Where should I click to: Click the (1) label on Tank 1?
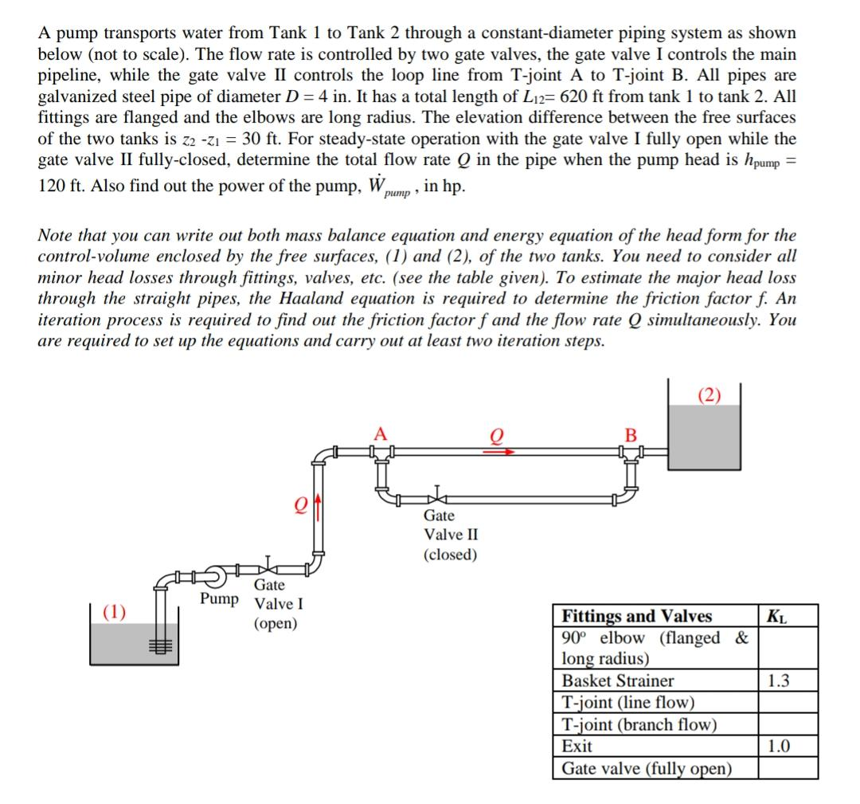coord(115,612)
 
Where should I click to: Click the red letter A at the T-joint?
coord(381,434)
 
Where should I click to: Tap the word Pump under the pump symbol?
coord(219,598)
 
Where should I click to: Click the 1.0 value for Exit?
coord(779,747)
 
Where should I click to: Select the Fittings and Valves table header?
coord(637,616)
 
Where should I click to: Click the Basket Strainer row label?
coord(618,680)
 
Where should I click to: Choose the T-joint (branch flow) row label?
coord(639,724)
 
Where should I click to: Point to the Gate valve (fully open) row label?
coord(647,768)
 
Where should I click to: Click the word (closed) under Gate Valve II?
coord(451,555)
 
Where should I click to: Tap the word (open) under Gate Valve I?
coord(276,623)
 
